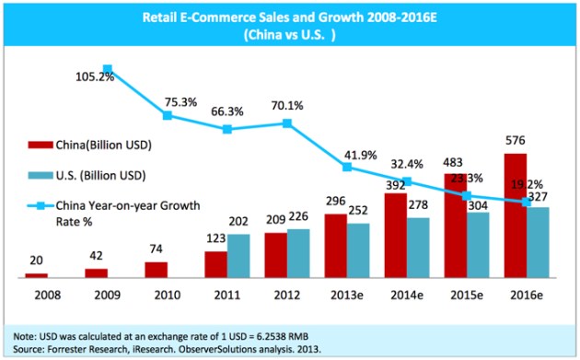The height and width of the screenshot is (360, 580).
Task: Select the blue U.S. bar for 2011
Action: click(x=239, y=256)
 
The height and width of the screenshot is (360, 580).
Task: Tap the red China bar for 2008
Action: click(x=36, y=274)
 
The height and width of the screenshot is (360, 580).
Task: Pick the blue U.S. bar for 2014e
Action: click(x=418, y=247)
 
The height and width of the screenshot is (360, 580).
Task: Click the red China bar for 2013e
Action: click(x=335, y=246)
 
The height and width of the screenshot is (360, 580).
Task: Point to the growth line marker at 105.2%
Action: click(x=108, y=69)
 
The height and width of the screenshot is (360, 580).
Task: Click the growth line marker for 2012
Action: click(x=288, y=123)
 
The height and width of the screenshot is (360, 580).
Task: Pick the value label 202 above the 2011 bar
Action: click(x=239, y=222)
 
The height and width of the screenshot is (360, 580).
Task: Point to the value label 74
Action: click(x=157, y=250)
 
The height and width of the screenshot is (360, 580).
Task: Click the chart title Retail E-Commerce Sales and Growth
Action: click(x=288, y=16)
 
